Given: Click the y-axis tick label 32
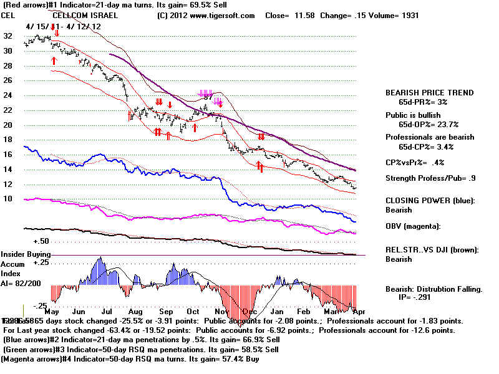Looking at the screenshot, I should [7, 36].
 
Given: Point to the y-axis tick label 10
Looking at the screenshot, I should [7, 198].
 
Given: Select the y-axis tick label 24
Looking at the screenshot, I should [7, 95].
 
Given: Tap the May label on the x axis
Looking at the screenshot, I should [52, 311].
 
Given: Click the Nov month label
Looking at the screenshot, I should [220, 311].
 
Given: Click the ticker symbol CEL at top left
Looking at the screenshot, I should [9, 15].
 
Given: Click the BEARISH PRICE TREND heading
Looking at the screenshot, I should [429, 93].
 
